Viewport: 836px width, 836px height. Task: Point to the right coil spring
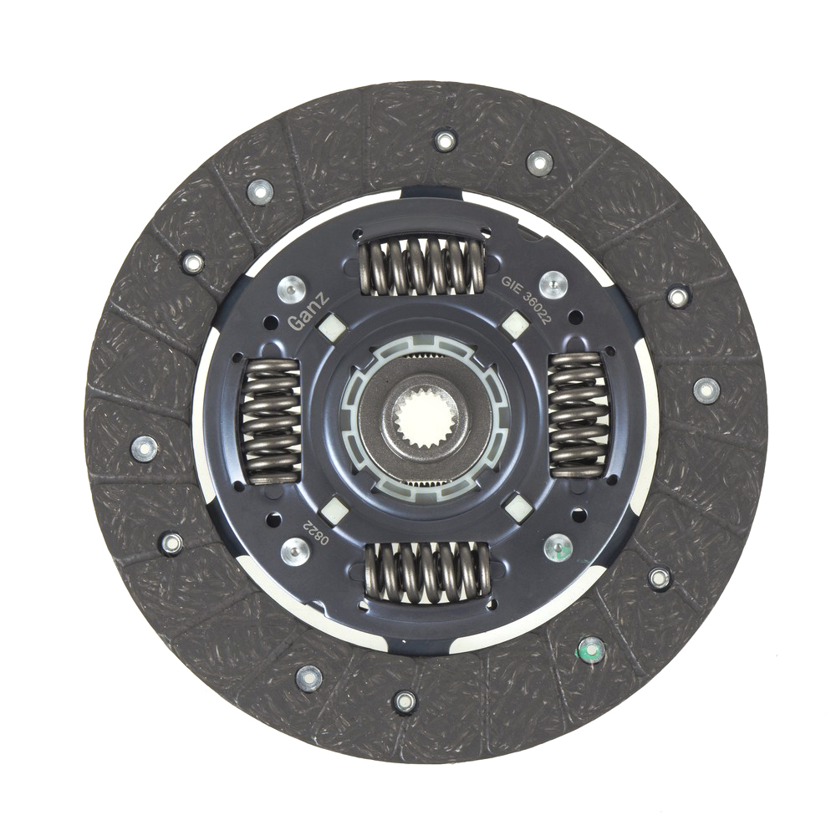click(x=579, y=415)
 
